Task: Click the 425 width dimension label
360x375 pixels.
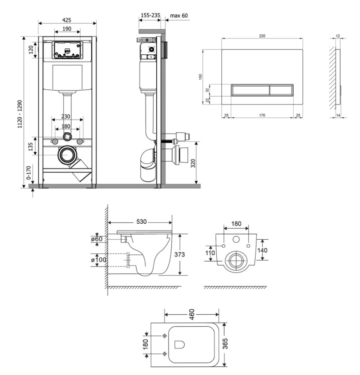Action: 67,20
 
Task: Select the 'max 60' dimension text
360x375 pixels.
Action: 179,16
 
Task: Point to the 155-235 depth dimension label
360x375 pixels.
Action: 150,16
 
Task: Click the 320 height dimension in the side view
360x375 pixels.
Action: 193,163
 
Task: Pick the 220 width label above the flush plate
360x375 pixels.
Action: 262,36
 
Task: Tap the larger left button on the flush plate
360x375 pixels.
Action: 250,90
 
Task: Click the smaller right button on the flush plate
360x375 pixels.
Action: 281,90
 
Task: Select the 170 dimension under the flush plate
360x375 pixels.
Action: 262,115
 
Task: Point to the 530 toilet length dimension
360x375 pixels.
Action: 141,222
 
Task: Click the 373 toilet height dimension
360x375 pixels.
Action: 180,254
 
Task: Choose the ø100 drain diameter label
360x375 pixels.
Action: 99,259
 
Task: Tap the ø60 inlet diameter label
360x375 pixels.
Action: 97,239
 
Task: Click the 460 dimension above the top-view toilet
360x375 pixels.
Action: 192,314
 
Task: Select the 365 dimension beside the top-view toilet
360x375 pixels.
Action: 225,344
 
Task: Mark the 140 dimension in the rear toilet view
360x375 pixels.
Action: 262,250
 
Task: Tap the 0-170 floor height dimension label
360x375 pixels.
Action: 29,173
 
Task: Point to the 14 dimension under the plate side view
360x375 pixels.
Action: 338,115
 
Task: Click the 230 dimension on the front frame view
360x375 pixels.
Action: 66,116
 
